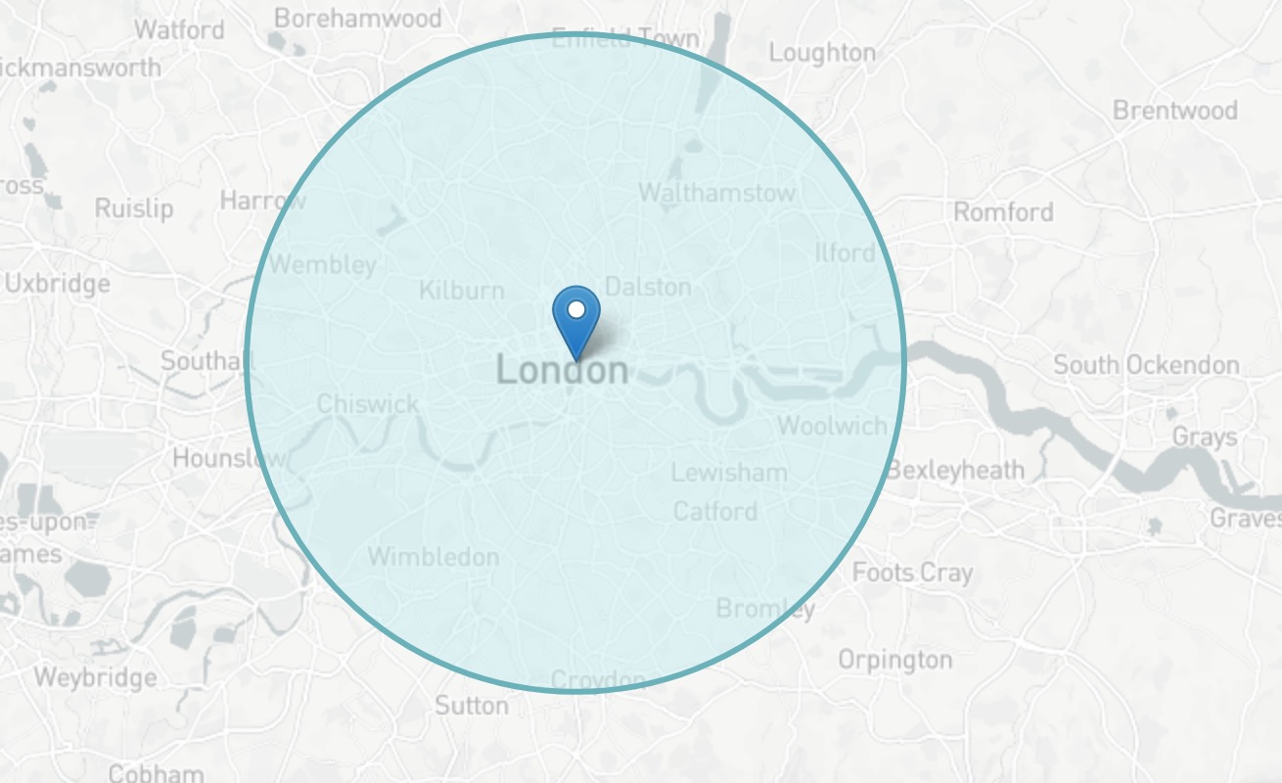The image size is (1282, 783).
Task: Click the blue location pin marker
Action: pos(576,318)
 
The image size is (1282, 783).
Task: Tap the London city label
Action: pos(562,371)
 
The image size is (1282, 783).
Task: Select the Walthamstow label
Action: pos(716,193)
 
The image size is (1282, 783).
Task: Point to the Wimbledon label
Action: pos(434,557)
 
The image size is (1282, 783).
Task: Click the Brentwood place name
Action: pos(1174,110)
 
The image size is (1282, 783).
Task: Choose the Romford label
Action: pos(1003,212)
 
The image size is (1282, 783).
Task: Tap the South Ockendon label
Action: pos(1146,366)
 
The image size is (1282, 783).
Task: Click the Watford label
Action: pos(179,29)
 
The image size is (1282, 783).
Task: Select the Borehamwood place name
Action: pos(357,19)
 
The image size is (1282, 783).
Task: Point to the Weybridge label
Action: pos(95,677)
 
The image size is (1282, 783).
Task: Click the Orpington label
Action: pos(894,661)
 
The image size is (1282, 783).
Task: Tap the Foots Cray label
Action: pos(912,573)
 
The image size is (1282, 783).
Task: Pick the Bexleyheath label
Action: pos(955,471)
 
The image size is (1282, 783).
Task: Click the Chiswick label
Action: pos(368,404)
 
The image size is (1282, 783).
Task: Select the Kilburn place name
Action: pos(461,291)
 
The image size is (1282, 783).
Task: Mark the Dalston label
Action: pos(648,287)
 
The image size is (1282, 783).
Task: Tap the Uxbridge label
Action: pos(58,285)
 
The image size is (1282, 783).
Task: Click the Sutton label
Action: pos(472,706)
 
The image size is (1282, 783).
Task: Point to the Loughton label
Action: pos(822,53)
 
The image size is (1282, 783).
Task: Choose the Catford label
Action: pos(715,511)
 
